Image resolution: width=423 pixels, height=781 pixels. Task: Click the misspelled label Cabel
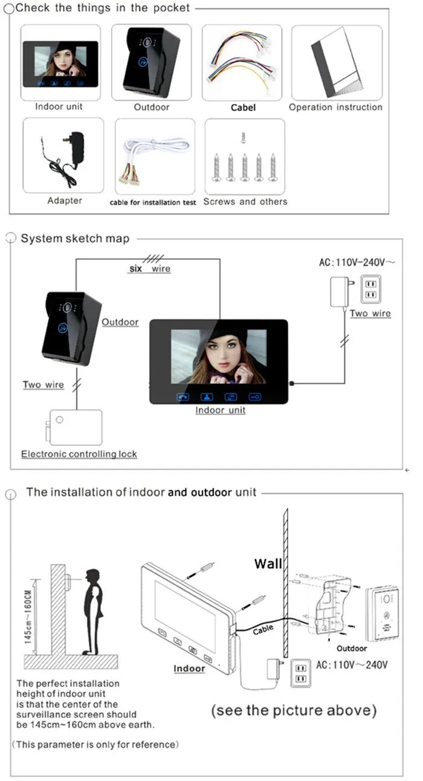[243, 108]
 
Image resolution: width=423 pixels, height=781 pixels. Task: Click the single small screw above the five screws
[244, 138]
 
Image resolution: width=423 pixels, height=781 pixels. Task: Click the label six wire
[150, 269]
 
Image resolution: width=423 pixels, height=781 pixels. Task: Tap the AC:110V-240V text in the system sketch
[357, 262]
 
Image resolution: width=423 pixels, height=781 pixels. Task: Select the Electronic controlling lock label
[79, 454]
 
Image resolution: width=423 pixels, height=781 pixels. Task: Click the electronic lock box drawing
[74, 427]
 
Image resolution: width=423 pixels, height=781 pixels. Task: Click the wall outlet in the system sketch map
[370, 290]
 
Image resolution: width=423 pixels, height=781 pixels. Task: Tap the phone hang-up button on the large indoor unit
[183, 397]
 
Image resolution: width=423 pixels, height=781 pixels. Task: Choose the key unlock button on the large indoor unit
[254, 397]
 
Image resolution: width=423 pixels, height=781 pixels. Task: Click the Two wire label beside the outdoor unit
[43, 384]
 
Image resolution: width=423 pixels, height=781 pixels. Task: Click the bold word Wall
[268, 564]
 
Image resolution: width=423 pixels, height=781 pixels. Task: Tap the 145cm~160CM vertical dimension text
[28, 617]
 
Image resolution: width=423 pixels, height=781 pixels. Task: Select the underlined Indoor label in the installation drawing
[189, 669]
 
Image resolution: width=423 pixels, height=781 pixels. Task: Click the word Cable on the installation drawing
[263, 629]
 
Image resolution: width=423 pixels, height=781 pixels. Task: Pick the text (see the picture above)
[294, 710]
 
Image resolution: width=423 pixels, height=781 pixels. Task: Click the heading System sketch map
[75, 239]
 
